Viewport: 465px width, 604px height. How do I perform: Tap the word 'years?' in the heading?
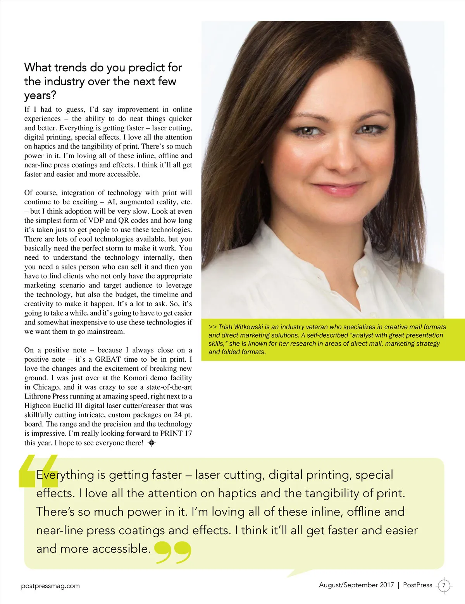click(x=40, y=96)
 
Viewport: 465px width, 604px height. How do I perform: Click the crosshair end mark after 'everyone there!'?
click(x=152, y=443)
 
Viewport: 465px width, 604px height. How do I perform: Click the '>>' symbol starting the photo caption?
click(x=212, y=327)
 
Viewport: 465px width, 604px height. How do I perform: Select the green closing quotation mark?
click(x=173, y=552)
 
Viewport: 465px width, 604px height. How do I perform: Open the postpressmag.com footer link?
click(x=50, y=586)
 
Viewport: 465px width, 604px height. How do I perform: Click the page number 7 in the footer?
click(x=444, y=585)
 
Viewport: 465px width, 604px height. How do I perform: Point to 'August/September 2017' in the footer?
click(x=356, y=585)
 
